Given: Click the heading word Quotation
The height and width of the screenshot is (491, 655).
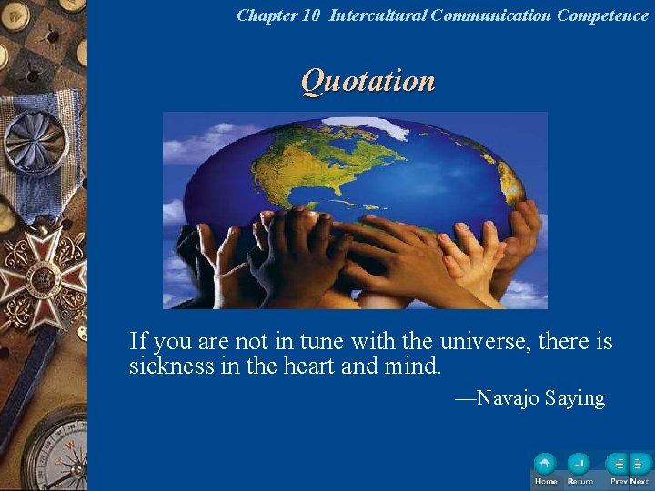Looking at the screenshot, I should coord(368,81).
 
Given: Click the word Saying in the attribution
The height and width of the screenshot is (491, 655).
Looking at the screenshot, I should coord(575,398).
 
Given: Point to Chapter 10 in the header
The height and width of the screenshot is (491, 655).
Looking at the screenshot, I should coord(278,15).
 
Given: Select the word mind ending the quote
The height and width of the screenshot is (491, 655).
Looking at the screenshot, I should coord(417,366).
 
